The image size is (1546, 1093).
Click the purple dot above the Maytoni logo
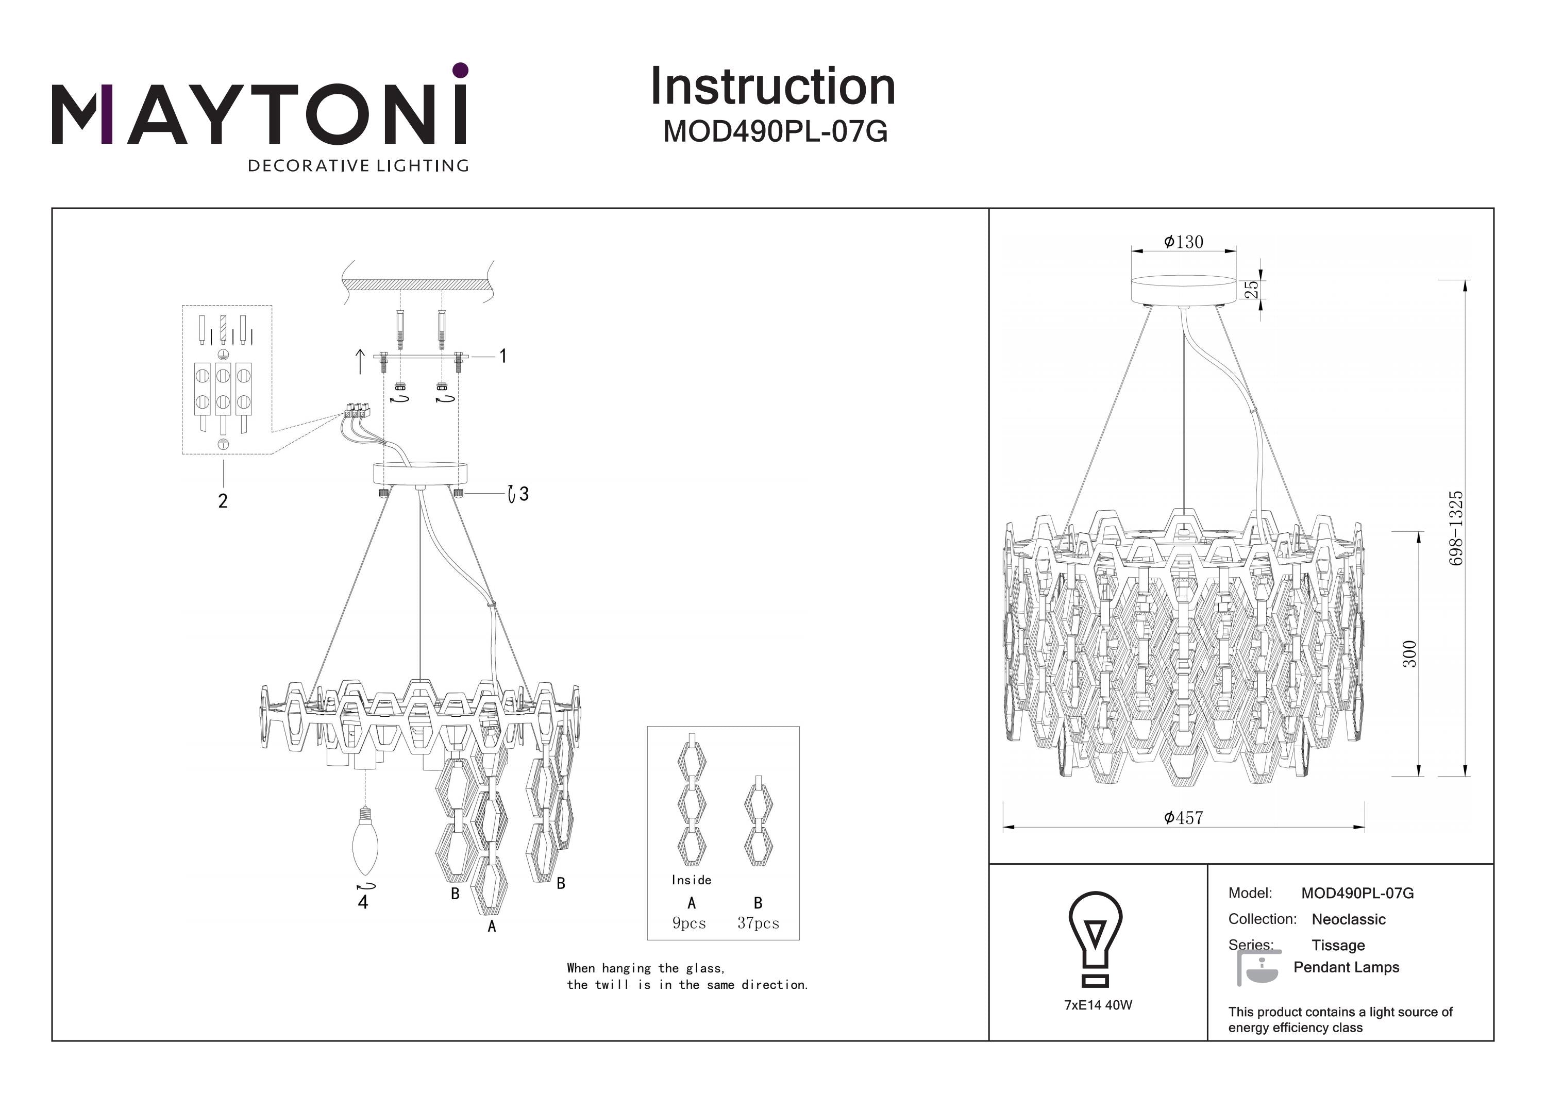(461, 70)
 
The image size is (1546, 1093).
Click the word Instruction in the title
(772, 87)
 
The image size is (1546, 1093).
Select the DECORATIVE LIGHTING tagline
(358, 165)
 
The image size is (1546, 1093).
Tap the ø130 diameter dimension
(1183, 242)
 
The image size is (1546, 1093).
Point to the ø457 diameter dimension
(1183, 818)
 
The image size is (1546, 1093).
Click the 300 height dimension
(1409, 654)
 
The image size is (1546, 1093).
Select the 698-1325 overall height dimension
(1456, 529)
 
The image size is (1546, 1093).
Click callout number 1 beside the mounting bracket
(502, 356)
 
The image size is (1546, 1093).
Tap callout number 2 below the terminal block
(223, 501)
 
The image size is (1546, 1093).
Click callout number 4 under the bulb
(363, 902)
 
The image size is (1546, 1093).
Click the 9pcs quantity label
(689, 923)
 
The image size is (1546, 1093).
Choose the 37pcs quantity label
(758, 923)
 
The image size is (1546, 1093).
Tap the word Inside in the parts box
(691, 880)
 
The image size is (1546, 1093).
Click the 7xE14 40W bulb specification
(1098, 1005)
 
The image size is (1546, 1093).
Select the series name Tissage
(1338, 946)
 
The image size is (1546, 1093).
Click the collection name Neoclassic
(1348, 919)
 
